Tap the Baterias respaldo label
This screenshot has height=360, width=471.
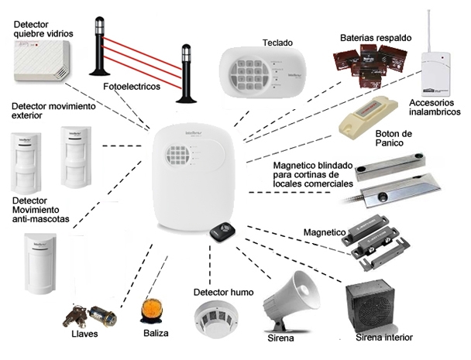pyautogui.click(x=376, y=37)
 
